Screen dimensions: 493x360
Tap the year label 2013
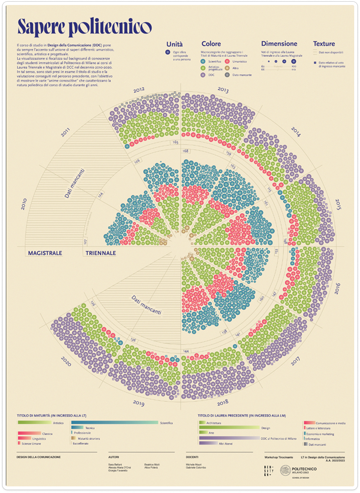click(223, 89)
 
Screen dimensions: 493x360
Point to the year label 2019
click(138, 402)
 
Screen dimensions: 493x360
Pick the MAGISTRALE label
click(45, 253)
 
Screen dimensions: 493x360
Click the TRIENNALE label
click(101, 253)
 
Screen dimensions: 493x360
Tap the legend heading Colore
click(211, 44)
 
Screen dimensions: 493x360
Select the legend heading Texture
click(324, 44)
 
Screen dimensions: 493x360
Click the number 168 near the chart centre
click(185, 151)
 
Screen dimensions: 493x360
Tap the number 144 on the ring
click(186, 351)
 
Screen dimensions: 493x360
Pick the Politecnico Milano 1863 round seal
click(285, 471)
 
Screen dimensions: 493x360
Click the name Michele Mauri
click(194, 465)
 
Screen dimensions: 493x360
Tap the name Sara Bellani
click(116, 465)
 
